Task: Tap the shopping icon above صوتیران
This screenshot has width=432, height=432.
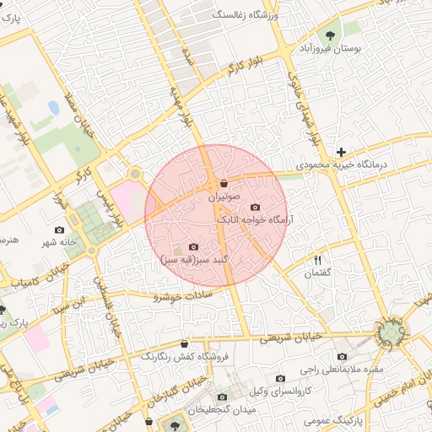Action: point(224,183)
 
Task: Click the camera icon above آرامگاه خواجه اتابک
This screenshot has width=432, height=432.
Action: point(256,207)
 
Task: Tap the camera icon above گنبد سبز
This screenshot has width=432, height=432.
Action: point(194,246)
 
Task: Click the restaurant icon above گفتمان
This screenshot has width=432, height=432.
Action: point(318,259)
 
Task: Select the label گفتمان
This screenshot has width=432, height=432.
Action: point(318,273)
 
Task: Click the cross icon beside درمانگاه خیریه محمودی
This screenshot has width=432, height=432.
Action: point(341,153)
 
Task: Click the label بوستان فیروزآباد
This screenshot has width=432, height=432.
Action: point(332,50)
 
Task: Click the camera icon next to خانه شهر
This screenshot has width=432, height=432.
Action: point(59,230)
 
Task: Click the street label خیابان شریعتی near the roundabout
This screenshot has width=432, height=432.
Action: point(289,337)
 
